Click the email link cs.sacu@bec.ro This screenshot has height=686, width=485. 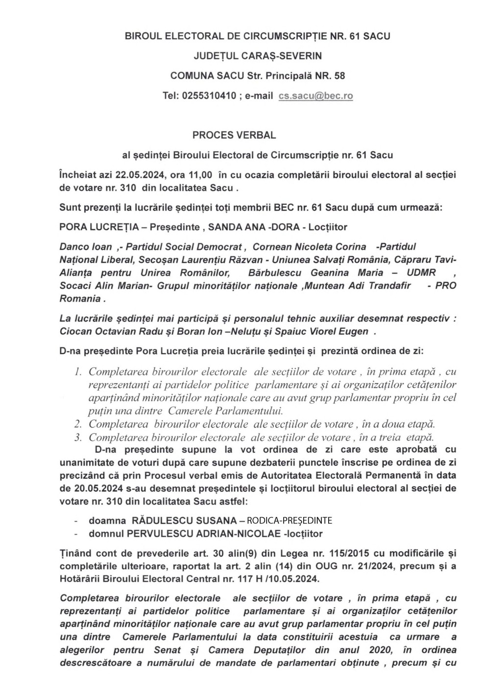point(315,96)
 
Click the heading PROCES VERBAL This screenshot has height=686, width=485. point(234,135)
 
